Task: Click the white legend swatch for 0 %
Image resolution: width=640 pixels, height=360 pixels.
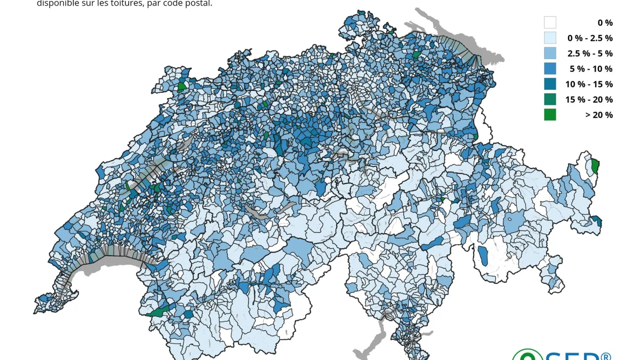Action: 550,22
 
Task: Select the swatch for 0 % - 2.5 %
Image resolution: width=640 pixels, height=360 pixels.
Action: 550,38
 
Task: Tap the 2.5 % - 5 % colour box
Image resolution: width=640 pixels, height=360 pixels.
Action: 550,53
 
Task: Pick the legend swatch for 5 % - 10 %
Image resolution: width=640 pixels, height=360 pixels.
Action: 550,68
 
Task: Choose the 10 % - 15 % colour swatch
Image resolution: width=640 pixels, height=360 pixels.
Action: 550,84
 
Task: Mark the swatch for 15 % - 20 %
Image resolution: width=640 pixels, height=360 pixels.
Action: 550,99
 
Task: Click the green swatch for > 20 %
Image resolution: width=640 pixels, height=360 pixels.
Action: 550,115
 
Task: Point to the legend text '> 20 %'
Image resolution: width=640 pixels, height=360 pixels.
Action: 599,115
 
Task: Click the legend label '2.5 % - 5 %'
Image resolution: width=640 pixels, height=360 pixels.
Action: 590,53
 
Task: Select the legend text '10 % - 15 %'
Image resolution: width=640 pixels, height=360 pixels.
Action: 589,84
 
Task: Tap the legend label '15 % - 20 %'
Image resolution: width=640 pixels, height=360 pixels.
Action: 589,99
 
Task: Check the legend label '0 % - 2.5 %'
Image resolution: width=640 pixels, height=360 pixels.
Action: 590,38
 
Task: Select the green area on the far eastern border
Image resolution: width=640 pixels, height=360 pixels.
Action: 595,165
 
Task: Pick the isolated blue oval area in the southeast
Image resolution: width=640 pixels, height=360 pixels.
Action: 483,255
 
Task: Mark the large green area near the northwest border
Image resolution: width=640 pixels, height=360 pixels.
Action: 182,87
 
